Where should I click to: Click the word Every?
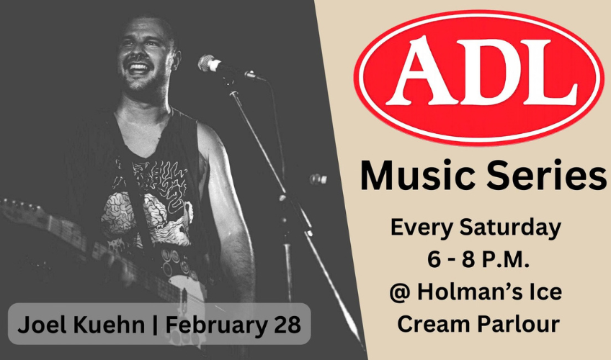coord(416,229)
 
